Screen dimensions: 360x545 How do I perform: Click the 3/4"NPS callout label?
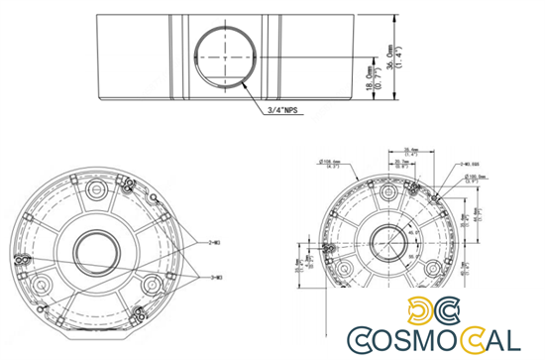point(282,113)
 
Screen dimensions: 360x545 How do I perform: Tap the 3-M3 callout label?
point(215,276)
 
